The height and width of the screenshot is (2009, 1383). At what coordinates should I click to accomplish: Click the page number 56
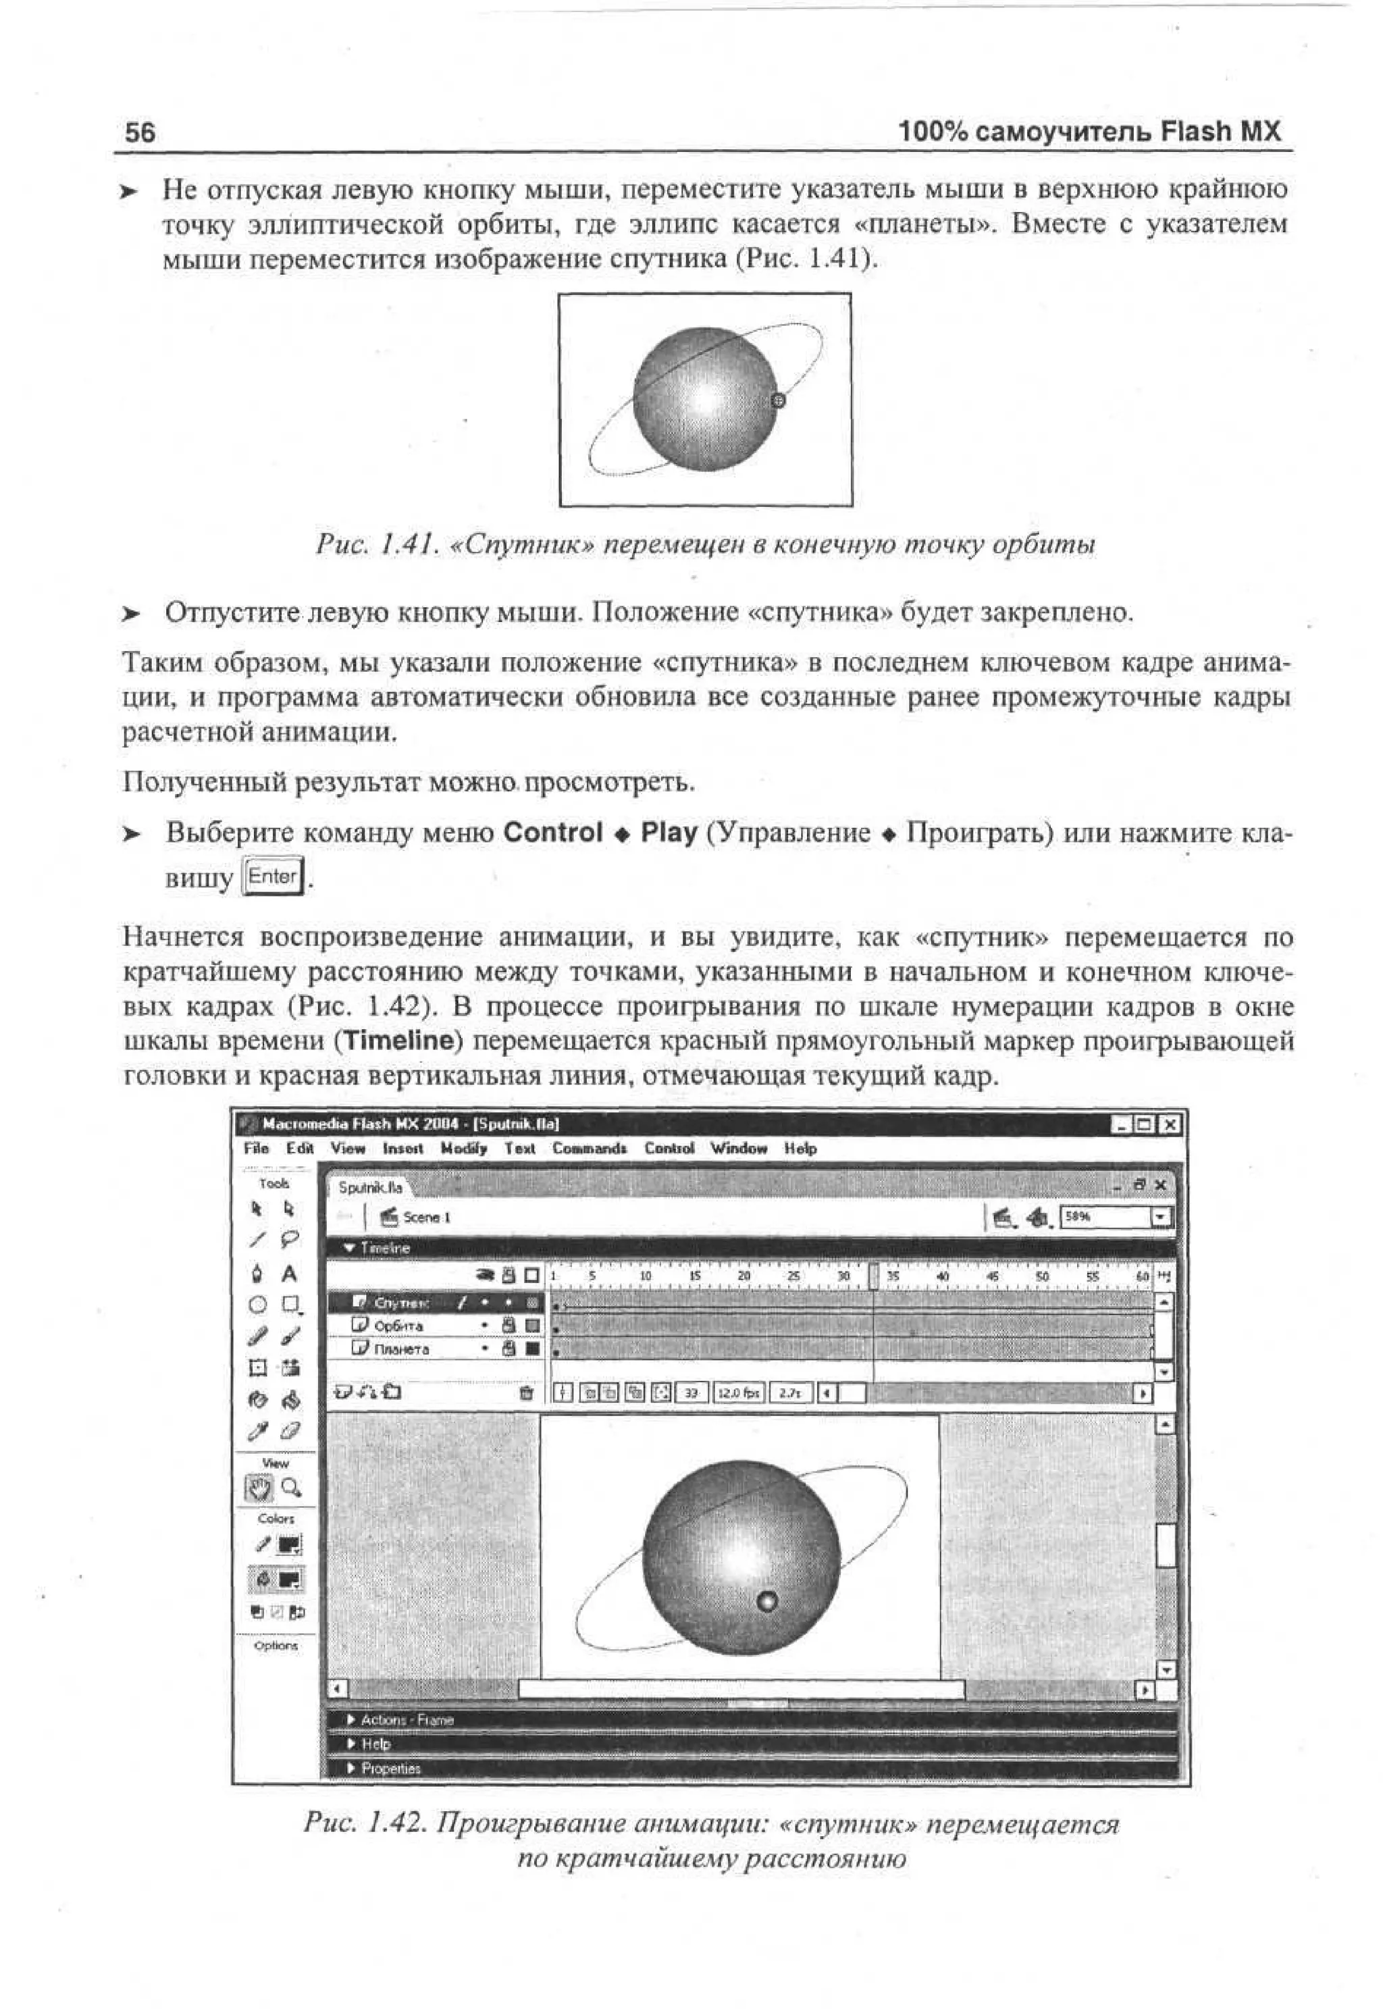click(140, 132)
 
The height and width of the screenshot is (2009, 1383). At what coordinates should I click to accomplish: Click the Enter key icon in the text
click(272, 877)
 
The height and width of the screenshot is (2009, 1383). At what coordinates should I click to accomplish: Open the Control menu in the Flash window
click(669, 1149)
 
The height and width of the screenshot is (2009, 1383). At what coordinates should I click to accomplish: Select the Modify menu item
click(464, 1149)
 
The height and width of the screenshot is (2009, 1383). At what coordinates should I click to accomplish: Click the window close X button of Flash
click(1170, 1125)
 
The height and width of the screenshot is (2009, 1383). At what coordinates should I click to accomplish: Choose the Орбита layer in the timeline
click(398, 1326)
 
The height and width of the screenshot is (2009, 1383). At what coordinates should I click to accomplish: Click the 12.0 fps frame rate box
click(737, 1393)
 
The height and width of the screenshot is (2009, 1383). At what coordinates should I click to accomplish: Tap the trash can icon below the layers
click(526, 1393)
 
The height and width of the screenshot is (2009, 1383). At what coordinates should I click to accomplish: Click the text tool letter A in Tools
click(290, 1274)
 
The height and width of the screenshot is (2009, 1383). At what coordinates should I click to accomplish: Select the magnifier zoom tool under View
click(292, 1488)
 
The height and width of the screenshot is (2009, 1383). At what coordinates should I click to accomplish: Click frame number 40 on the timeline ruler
click(943, 1277)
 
